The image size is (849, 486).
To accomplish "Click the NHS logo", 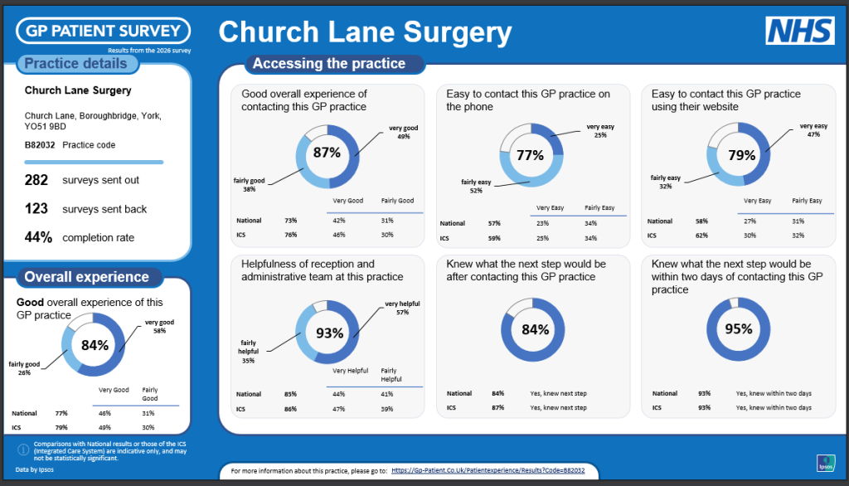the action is coord(800,31).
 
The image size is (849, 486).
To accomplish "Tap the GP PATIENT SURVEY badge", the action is coord(104,31).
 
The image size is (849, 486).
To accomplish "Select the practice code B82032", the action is coord(40,145).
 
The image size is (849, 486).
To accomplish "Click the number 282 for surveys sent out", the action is coord(36,180).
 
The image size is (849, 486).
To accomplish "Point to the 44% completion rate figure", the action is coord(38,237).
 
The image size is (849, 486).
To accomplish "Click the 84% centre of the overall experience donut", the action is coord(95,345).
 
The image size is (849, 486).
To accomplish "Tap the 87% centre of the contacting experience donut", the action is coord(327,153).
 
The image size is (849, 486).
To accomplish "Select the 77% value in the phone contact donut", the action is coord(530,155).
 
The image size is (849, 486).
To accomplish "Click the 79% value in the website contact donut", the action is coord(742,155).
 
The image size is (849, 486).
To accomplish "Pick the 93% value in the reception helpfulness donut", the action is coord(330,333).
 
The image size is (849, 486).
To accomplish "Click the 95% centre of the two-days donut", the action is coord(739,329).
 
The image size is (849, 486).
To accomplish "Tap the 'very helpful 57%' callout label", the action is coord(402,308).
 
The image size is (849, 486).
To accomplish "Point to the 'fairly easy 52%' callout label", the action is coord(476,187).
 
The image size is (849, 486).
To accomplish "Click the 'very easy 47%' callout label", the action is coord(814,130).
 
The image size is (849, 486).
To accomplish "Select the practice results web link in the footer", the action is coord(488,470).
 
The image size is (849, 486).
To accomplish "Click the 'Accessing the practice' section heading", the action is coord(329,63).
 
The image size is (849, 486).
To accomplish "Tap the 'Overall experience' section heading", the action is coord(86,277).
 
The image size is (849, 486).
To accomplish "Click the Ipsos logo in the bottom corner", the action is coord(826,464).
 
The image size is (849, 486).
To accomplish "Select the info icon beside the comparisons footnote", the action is coord(23,450).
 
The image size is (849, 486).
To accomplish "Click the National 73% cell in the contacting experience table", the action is coord(291,221).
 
